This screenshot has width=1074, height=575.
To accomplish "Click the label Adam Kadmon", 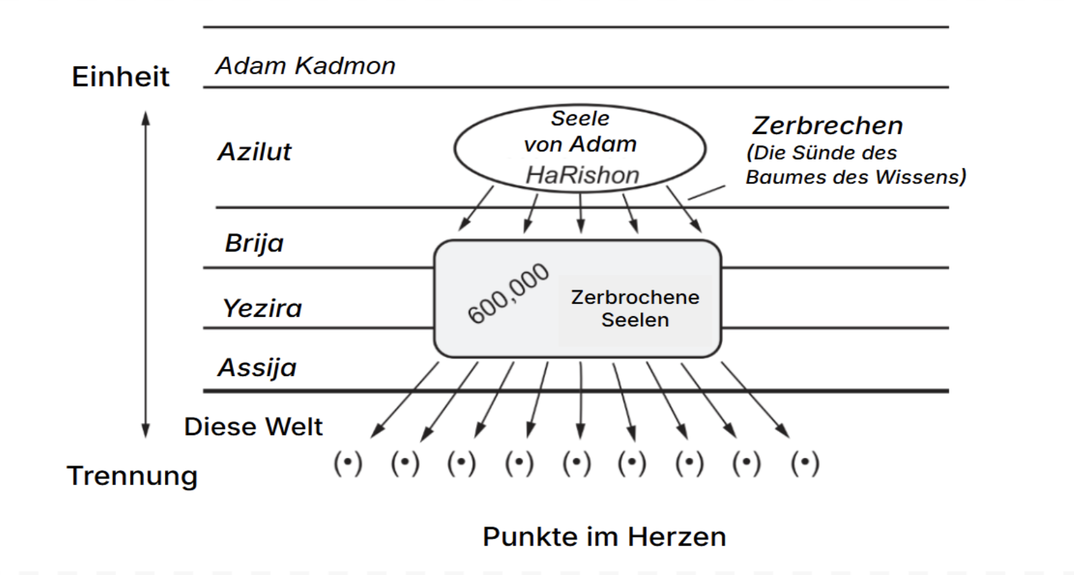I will [305, 66].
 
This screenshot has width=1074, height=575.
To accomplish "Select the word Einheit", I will [120, 76].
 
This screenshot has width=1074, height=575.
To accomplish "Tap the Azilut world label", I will [254, 151].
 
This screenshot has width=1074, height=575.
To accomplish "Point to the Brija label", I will [254, 243].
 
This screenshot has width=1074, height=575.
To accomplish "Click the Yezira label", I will [262, 308].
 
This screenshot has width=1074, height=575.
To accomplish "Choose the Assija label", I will [257, 368].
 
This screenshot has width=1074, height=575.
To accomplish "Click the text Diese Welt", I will [253, 426].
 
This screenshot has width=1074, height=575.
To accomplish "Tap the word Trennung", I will [132, 476].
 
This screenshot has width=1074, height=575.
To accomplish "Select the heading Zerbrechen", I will [827, 125].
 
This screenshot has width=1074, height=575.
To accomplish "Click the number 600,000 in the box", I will [508, 293].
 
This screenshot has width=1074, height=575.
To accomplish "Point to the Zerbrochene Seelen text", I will [634, 308].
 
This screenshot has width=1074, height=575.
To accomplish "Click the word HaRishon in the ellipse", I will [582, 175].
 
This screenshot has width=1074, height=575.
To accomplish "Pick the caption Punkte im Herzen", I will [604, 537].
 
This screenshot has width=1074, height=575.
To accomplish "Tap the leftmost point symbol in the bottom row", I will [348, 463].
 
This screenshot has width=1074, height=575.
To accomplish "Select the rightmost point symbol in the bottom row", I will [805, 463].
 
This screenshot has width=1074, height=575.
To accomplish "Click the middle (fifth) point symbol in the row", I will [577, 463].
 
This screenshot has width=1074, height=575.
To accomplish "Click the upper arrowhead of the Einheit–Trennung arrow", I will [145, 119].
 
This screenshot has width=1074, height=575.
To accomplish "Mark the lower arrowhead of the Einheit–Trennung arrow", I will [145, 430].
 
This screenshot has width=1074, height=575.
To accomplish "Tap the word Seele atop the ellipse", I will [580, 119].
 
